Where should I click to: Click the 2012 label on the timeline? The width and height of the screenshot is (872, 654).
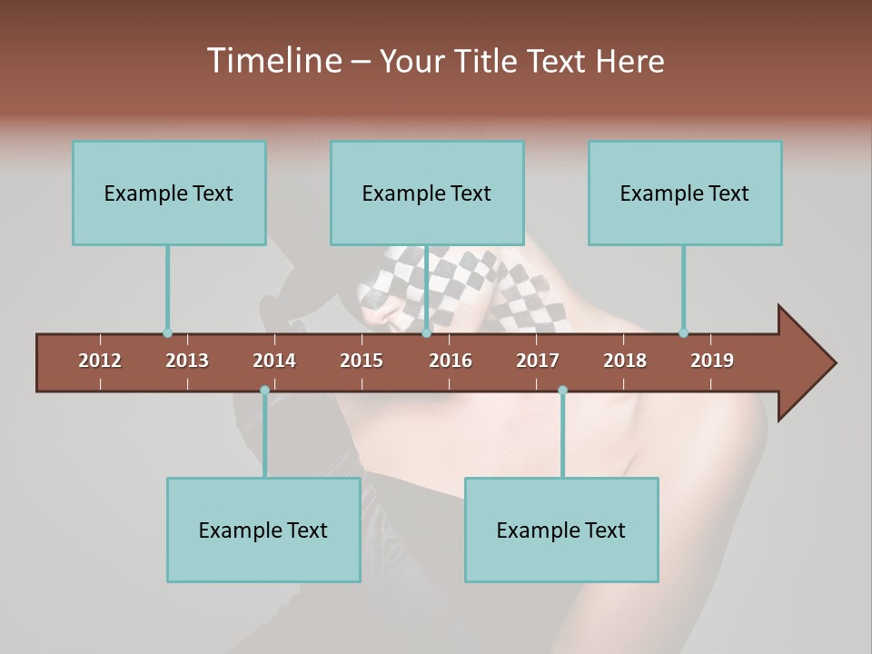coord(100,361)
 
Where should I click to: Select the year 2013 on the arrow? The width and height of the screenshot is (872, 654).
coord(187,361)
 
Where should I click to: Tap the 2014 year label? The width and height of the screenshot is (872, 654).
coord(274,361)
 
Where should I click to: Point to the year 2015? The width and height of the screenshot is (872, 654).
coord(362,361)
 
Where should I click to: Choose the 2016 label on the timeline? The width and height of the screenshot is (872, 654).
coord(451,361)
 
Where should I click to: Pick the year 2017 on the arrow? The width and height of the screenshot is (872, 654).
coord(538,361)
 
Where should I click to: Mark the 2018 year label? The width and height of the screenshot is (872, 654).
coord(625,361)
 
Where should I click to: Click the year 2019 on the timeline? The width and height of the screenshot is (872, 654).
coord(712,361)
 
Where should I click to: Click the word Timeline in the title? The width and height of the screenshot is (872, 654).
coord(273,61)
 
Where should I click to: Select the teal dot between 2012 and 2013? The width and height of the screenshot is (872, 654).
coord(167,333)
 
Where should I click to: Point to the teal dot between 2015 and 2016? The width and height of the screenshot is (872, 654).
coord(426,333)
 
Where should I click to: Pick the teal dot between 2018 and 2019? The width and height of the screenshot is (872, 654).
coord(683,333)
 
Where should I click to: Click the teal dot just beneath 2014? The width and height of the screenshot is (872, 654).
coord(264,391)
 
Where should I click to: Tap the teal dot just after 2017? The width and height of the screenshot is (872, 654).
coord(562,391)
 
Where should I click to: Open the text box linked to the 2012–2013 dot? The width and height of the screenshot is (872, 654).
coord(169,193)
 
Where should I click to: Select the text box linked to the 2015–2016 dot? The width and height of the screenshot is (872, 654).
coord(427,193)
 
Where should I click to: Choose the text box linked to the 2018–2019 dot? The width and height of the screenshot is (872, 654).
coord(685,193)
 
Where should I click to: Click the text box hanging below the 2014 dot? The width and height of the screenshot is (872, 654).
coord(263,530)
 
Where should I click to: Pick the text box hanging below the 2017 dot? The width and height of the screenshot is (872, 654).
coord(561,530)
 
